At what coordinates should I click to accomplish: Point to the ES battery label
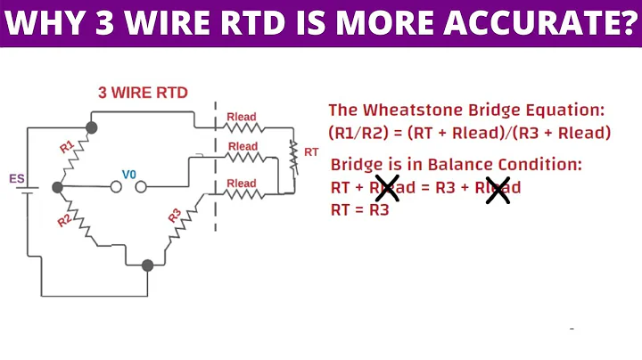16,178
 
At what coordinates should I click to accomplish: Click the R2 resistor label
64,220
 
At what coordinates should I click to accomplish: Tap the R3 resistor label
176,215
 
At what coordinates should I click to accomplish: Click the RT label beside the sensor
311,152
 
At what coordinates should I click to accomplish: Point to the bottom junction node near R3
148,265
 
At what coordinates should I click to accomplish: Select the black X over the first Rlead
386,188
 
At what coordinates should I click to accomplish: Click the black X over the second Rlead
498,188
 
